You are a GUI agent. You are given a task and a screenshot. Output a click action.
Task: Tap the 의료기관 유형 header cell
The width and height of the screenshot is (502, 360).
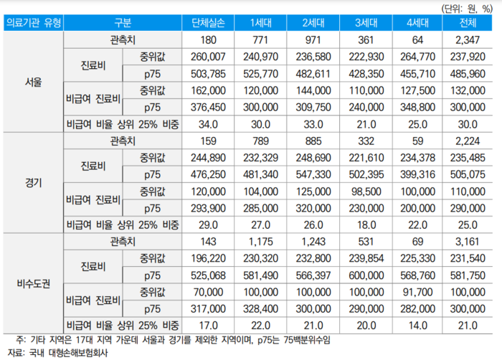32,22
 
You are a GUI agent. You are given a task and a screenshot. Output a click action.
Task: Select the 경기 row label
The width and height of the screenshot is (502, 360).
32,183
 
